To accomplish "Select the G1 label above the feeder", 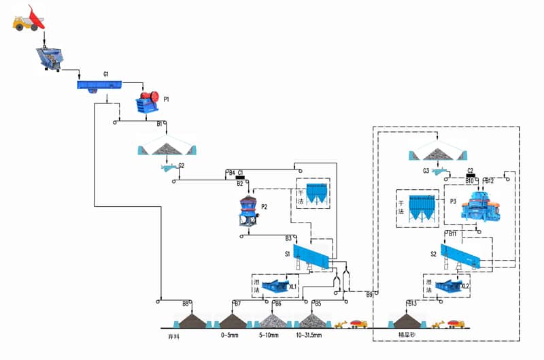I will point(106,73).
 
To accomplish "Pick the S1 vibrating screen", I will point(310,257).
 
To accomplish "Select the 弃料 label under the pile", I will point(183,336).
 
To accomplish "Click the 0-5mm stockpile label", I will point(229,336).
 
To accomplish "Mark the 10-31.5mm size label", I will point(310,336).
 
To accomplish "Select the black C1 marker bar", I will point(240,178).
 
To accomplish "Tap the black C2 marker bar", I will point(471,176).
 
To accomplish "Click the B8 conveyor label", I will point(186,304).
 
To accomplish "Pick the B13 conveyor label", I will point(412,304).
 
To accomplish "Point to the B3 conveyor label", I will point(288,238).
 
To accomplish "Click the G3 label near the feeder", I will point(426,171).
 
